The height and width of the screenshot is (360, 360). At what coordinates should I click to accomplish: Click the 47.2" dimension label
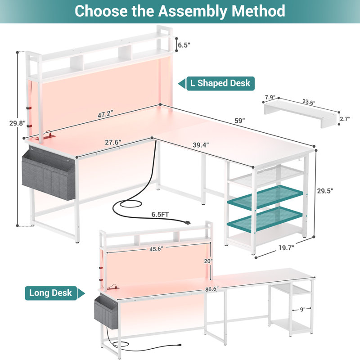click(x=105, y=114)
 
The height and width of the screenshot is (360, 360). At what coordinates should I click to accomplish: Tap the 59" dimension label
click(x=240, y=120)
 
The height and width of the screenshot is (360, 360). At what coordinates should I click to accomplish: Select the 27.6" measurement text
click(x=113, y=142)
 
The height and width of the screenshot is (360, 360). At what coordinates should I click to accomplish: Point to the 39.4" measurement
click(x=201, y=145)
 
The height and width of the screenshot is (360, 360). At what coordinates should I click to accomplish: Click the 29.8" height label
click(x=17, y=123)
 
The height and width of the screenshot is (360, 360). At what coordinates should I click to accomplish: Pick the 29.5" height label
click(x=325, y=190)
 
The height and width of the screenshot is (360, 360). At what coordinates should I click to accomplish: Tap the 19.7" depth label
click(x=287, y=248)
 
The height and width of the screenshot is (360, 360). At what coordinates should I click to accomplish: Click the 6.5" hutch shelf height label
click(x=184, y=45)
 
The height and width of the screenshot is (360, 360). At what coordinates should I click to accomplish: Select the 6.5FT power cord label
click(x=160, y=215)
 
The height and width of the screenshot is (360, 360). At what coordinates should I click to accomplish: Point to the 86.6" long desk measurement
click(x=212, y=289)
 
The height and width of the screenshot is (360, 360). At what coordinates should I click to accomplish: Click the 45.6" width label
click(x=156, y=249)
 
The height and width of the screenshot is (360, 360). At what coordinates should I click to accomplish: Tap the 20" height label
click(x=208, y=261)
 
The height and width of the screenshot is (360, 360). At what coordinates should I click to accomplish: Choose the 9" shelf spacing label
click(x=302, y=310)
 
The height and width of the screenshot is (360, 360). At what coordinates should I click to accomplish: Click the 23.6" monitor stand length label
click(x=309, y=102)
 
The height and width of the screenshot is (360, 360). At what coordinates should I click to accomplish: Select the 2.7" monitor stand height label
click(x=345, y=119)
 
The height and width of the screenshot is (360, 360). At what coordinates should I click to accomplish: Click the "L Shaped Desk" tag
click(x=216, y=83)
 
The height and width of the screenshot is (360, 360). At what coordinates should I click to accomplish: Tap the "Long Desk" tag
click(x=55, y=293)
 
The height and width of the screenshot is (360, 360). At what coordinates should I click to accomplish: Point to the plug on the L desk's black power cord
click(x=187, y=222)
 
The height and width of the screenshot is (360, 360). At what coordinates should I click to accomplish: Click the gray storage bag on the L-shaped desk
click(x=49, y=174)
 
